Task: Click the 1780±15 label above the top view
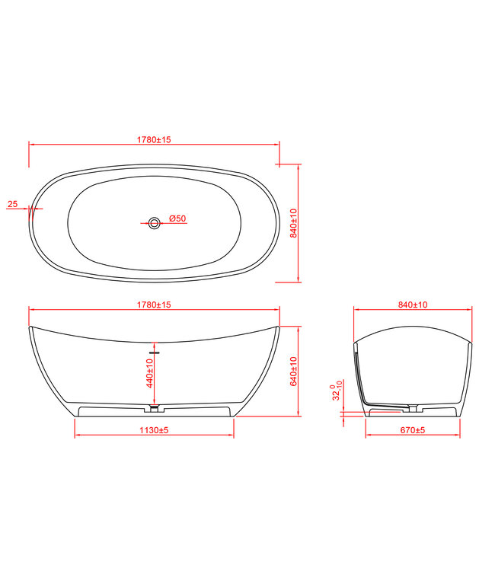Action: click(154, 139)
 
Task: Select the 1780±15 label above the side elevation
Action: click(154, 305)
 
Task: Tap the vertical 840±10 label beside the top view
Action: click(293, 222)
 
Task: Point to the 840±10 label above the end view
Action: click(412, 305)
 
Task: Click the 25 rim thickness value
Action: click(12, 204)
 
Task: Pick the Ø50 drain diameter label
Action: click(177, 219)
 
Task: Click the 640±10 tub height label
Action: click(293, 371)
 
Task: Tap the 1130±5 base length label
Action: click(154, 431)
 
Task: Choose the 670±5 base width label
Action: click(412, 431)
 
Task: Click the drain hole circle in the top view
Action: click(155, 223)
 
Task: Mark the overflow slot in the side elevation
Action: click(155, 353)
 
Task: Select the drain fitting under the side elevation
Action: click(155, 410)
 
